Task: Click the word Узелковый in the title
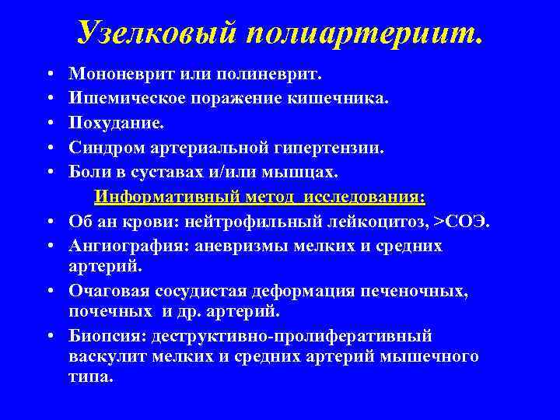pos(158,32)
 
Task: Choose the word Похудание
pos(106,123)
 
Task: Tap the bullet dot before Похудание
pos(50,123)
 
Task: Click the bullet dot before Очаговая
pos(50,292)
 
